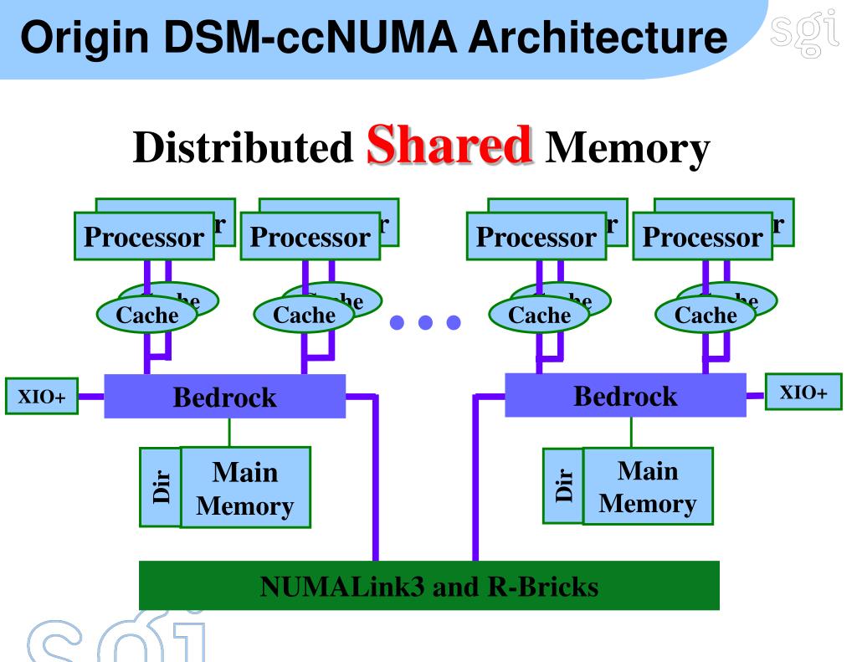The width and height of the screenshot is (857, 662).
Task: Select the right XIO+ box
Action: pos(803,393)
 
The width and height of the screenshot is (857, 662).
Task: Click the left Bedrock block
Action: pos(224,397)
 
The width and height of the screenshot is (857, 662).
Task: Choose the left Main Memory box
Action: pos(245,488)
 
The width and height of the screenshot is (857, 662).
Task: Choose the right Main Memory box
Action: pos(648,486)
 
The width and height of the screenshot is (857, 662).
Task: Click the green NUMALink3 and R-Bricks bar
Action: pos(428,586)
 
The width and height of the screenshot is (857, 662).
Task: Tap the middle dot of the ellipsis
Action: pos(425,322)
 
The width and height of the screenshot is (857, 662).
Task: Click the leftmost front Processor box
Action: pos(143,238)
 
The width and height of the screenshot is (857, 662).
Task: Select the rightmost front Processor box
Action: pos(703,238)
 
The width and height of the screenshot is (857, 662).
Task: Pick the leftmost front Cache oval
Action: pos(147,316)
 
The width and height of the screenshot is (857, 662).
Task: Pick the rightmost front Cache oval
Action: pos(706,316)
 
